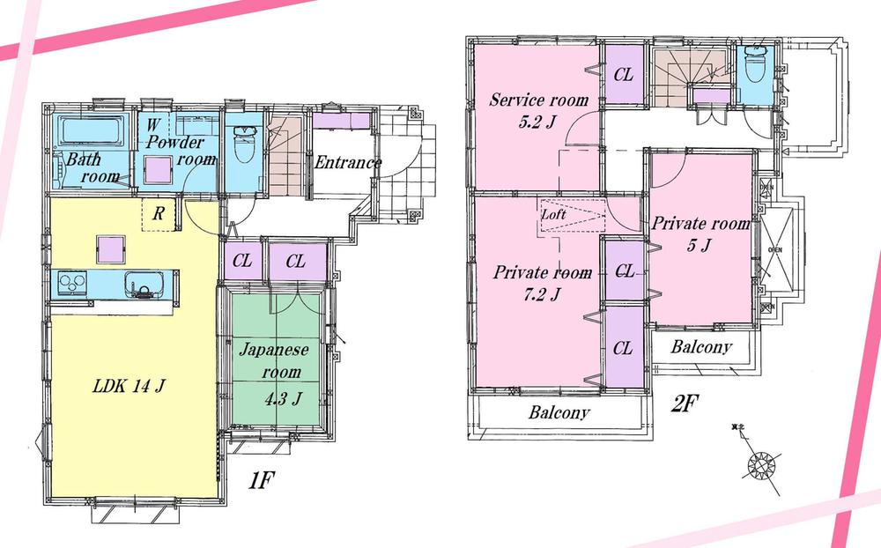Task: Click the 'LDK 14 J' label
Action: tap(129, 386)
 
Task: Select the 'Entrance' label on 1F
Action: tap(348, 163)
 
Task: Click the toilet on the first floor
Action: tap(243, 145)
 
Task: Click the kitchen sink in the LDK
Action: tap(142, 285)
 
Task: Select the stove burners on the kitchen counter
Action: tap(70, 285)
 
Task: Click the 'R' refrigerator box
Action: tap(159, 212)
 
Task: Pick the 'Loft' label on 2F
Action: tap(553, 214)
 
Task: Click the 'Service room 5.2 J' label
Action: tap(538, 111)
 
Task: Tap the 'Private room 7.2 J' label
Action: tap(542, 283)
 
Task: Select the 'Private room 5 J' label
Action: tap(700, 234)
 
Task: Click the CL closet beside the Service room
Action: tap(624, 75)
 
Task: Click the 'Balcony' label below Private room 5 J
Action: tap(700, 347)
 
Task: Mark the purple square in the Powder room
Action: tap(159, 167)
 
